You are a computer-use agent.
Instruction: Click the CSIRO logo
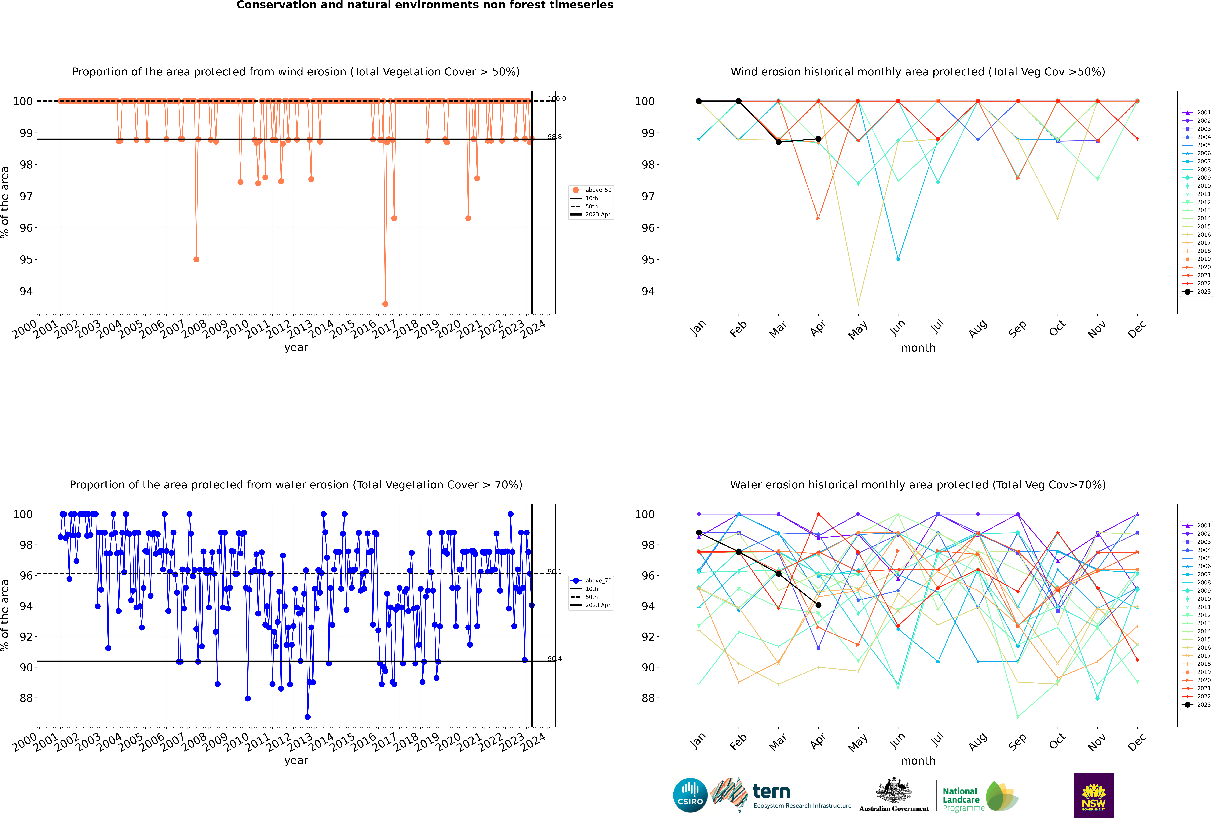tap(690, 795)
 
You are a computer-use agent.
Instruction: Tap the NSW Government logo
tap(1094, 795)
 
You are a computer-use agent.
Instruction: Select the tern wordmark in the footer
tap(771, 792)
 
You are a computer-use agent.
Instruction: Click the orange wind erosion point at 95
tap(196, 259)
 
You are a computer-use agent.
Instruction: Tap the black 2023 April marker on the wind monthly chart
tap(818, 139)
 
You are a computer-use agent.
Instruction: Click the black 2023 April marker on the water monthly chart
tap(818, 605)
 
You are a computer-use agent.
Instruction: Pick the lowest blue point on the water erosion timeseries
tap(308, 717)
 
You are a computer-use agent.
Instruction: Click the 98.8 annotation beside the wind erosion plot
tap(554, 137)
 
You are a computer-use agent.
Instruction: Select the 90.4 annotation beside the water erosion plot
tap(554, 659)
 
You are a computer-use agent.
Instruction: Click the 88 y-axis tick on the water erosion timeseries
tap(26, 698)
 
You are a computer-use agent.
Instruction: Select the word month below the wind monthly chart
tap(918, 348)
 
